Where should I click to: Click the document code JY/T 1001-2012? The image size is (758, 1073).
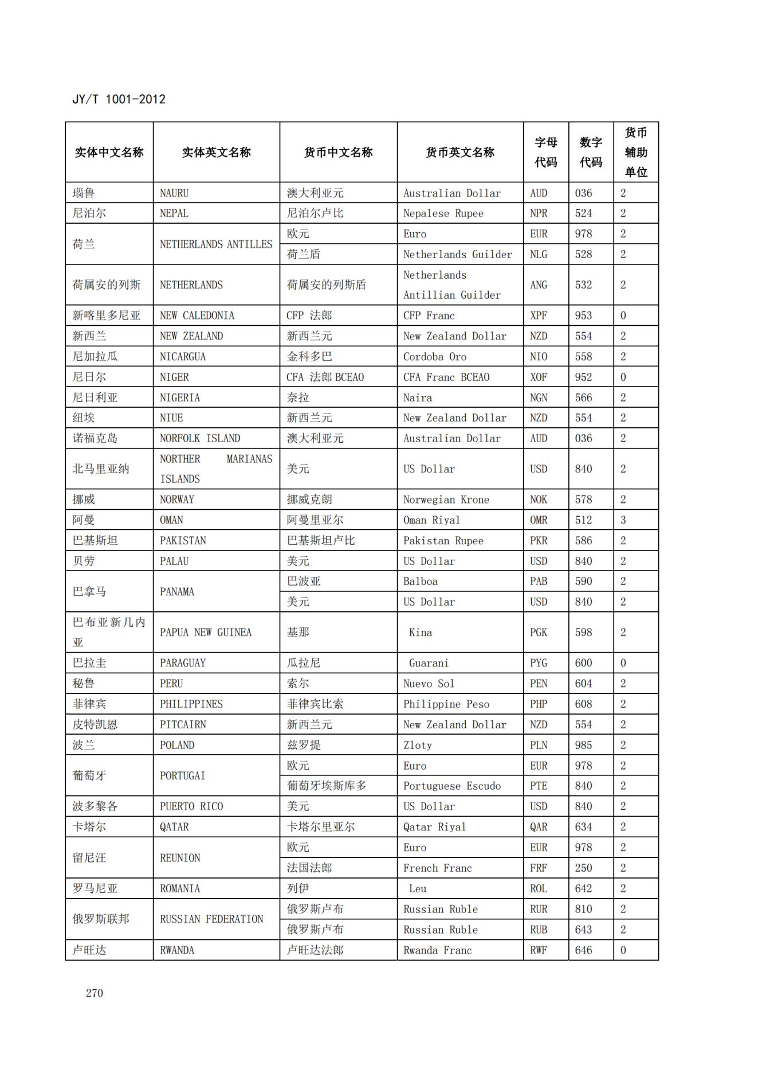tap(119, 99)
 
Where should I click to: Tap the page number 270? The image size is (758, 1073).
tap(95, 993)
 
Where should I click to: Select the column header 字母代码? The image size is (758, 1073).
tap(545, 152)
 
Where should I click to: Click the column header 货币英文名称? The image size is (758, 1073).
tap(459, 152)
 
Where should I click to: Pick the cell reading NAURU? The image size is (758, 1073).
tap(174, 193)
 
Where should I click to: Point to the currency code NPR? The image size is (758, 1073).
tap(539, 213)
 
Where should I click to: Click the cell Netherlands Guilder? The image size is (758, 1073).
tap(457, 254)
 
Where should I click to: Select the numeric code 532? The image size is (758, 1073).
tap(583, 285)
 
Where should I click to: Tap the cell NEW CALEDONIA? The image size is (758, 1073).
tap(197, 315)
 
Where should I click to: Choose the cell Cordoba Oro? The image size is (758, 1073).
tap(434, 357)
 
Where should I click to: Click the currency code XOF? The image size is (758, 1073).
tap(539, 377)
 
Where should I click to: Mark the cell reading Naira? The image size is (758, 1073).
tap(417, 398)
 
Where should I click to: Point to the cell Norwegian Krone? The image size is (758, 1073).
tap(446, 500)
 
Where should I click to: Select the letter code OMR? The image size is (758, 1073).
tap(539, 520)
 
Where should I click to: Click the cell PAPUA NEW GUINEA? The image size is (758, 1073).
tap(205, 633)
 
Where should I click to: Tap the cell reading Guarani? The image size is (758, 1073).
tap(429, 663)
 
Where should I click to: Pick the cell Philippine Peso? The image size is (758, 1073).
tap(446, 704)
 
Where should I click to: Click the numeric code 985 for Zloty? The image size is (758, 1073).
tap(583, 745)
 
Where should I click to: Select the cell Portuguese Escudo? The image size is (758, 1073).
tap(451, 786)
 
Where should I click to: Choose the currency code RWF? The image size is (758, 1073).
tap(539, 950)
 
